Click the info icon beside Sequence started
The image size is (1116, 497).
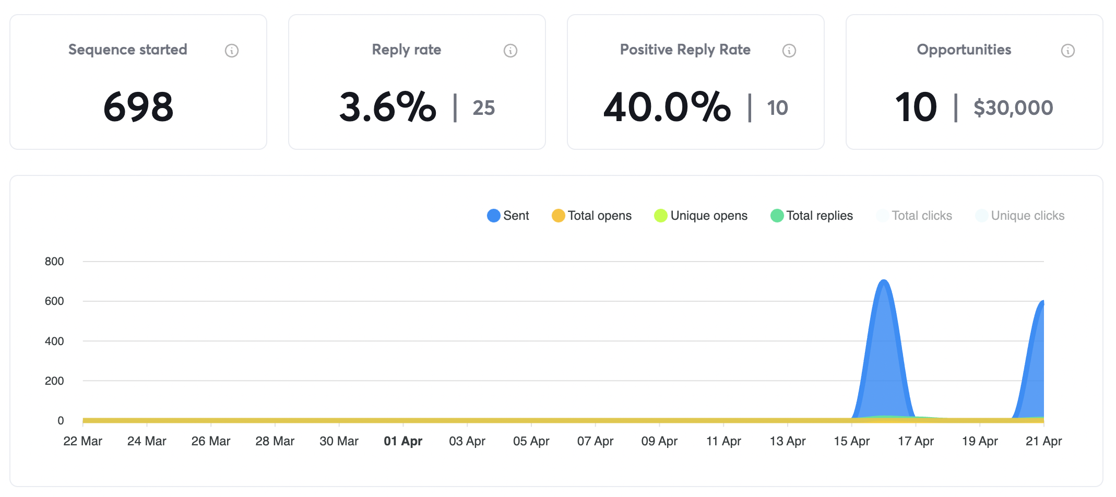coord(232,51)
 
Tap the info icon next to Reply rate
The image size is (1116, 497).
coord(510,51)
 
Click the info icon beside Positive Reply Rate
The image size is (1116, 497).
coord(789,51)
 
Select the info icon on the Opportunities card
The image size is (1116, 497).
coord(1068,51)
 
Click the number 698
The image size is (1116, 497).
coord(138,107)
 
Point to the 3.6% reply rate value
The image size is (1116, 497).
coord(387,107)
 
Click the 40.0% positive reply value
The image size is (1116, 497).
coord(667,107)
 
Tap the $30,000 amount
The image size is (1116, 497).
coord(1013,108)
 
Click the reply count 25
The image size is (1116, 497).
coord(484,108)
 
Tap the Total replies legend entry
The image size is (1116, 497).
coord(812,216)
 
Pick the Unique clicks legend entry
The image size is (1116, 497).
coord(1020,216)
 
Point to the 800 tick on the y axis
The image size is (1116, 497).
coord(54,262)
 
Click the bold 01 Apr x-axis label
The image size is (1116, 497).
coord(403,441)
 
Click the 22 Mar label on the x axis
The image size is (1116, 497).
coord(82,441)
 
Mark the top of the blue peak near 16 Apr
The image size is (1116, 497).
coord(884,281)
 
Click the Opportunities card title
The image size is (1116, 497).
coord(964,50)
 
